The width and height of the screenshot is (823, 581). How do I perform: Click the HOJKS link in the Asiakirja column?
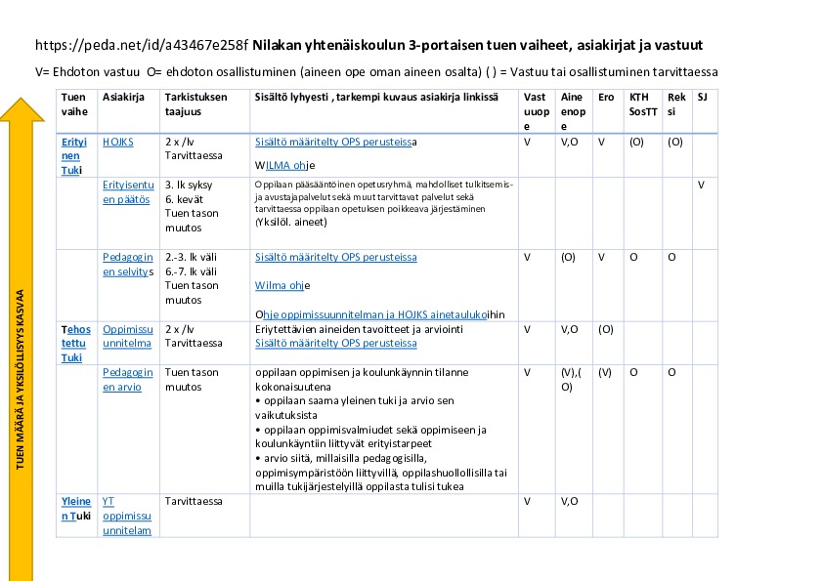117,142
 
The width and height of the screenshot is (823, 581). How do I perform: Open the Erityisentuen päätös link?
127,191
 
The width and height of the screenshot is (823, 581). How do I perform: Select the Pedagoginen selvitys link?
128,264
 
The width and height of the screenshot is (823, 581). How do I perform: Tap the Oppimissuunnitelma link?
127,336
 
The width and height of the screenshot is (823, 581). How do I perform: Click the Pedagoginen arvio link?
127,380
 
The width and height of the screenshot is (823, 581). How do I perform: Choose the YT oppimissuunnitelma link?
127,516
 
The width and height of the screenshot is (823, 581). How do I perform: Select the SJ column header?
702,97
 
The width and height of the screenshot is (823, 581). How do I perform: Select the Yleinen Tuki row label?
76,508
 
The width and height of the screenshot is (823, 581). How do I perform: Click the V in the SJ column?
702,185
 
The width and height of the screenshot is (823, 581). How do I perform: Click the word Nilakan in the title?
282,45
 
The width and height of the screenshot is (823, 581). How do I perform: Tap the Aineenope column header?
572,111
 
